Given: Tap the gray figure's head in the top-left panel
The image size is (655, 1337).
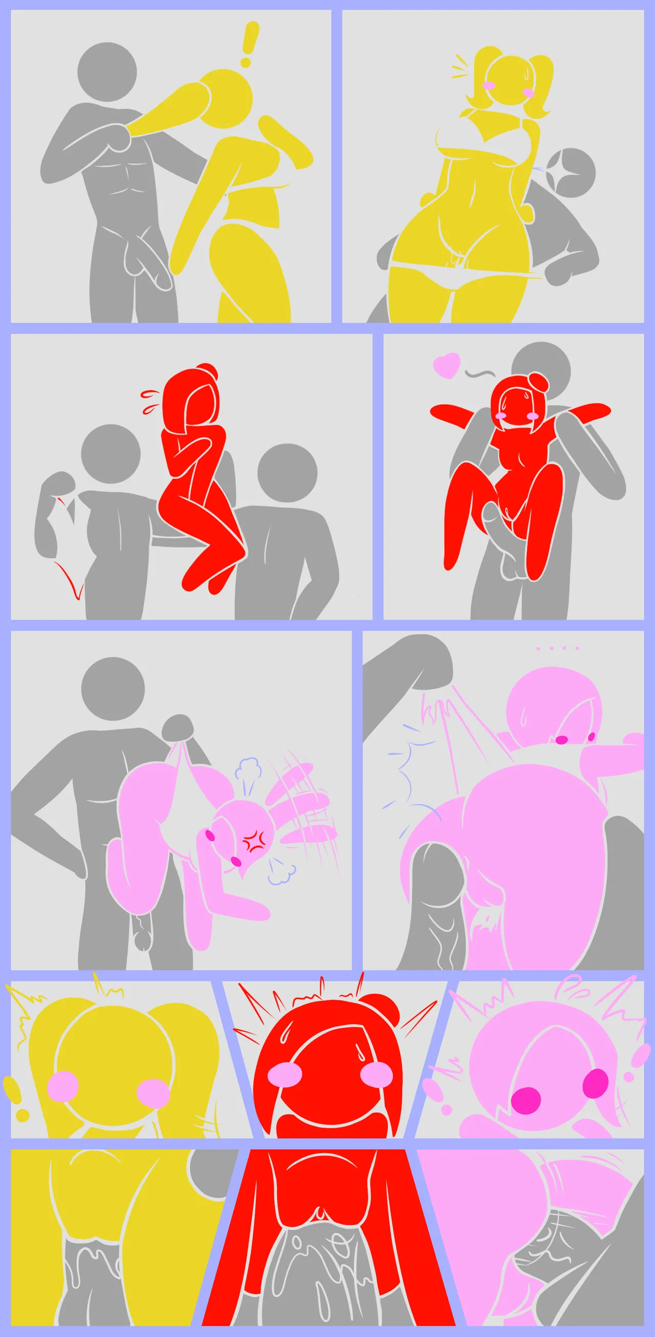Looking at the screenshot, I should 107,72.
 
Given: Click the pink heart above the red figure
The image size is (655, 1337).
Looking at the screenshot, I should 447,365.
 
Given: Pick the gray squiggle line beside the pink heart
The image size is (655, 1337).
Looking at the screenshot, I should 480,372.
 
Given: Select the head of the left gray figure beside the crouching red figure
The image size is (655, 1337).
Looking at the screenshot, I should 111,454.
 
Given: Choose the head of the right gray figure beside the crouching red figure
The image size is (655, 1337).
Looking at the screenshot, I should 287,473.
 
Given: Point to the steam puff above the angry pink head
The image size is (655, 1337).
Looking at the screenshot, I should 248,769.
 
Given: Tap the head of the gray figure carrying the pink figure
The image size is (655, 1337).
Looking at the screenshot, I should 113,689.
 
